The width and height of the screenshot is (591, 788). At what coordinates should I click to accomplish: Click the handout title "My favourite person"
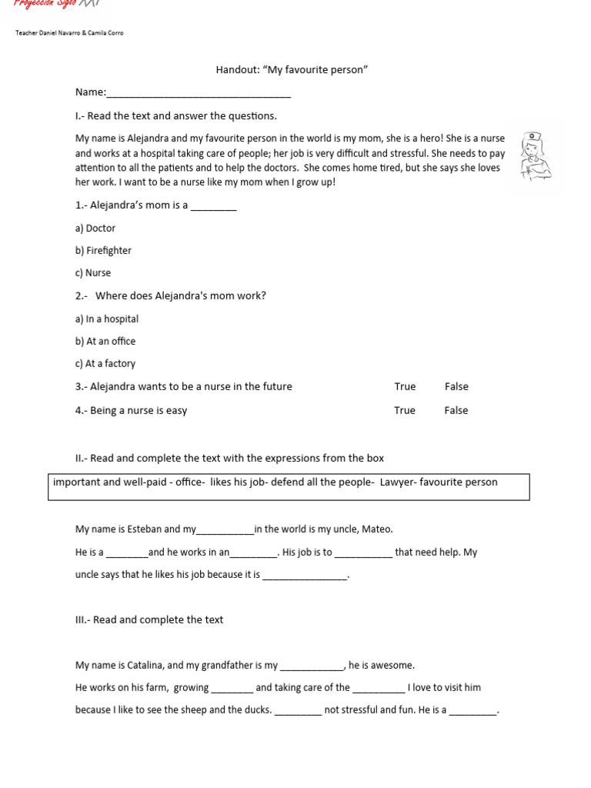292,70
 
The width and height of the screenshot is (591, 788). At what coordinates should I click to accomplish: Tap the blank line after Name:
199,94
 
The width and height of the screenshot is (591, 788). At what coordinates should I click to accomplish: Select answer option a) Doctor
95,228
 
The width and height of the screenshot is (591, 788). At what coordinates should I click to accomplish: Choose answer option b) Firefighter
103,250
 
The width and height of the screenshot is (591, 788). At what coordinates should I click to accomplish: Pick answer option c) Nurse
93,272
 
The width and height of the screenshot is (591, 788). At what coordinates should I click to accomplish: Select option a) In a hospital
107,319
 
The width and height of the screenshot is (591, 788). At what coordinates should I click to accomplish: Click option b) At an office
105,341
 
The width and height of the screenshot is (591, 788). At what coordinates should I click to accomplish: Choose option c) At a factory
105,363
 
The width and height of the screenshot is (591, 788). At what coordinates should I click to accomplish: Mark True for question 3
405,386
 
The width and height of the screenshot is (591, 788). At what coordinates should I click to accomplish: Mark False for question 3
456,386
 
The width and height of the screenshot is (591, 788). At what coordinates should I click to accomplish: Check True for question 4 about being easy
405,410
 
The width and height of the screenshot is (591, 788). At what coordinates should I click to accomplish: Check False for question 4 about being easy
456,410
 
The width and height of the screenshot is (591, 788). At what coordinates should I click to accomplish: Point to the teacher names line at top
69,32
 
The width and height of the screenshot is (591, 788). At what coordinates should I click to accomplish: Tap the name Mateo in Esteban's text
376,529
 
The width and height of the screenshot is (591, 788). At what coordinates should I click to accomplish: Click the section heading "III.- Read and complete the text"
149,619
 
